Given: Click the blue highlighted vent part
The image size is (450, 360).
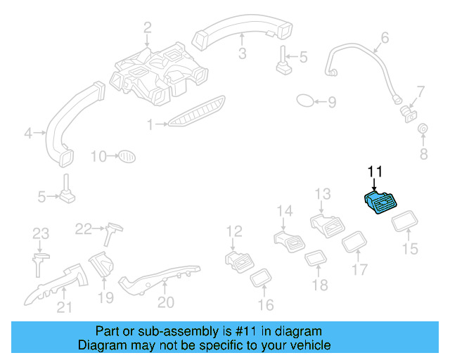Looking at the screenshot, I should pos(381,205).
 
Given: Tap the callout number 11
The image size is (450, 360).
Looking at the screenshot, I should pos(374,171).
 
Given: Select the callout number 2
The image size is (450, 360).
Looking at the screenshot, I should pos(148,28).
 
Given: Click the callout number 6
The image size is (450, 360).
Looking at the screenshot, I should pos(385,37).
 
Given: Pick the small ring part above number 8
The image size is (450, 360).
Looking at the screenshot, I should pos(423,129).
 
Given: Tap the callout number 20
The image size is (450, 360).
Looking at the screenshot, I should pos(165,302).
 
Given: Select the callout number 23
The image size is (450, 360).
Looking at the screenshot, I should pos(41,233).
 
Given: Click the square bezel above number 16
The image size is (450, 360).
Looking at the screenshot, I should pos(262,278).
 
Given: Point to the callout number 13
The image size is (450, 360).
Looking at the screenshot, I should pos(322,194).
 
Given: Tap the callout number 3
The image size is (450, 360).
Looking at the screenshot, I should pos(241,54).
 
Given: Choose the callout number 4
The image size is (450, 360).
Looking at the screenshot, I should pos(29,132).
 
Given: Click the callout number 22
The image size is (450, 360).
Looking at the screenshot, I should pos(84,228).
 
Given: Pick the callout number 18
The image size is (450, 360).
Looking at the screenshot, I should pos(320,285).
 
